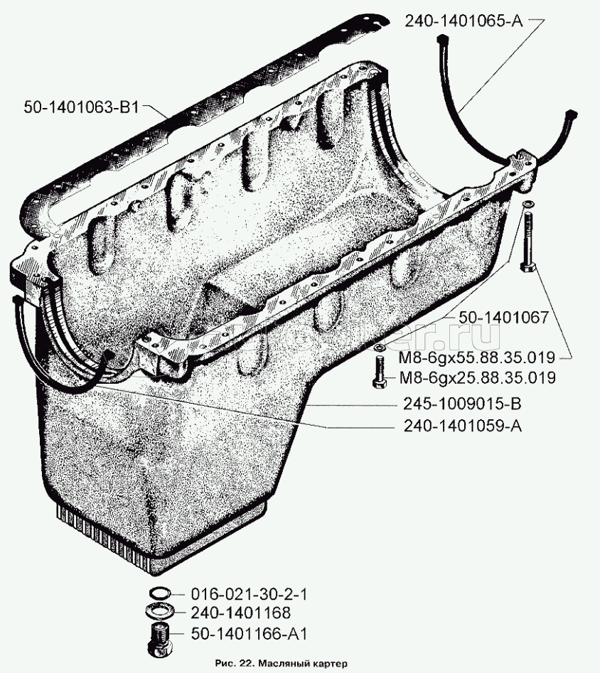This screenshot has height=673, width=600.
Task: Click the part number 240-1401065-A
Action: coord(464,21)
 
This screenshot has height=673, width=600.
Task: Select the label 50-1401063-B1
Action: coord(82,107)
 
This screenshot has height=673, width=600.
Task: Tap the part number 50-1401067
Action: coord(503,318)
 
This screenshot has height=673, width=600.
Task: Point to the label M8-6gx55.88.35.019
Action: coord(477,357)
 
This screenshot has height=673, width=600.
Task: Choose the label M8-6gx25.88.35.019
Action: coord(477,377)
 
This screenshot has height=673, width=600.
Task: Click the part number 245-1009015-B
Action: coord(461,404)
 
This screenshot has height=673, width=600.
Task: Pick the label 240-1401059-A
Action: coord(463,426)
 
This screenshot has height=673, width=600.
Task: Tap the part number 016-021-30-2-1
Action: coord(249,594)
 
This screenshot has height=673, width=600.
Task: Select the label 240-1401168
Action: coord(240,613)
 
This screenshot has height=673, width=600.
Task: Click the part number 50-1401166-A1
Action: coord(249,634)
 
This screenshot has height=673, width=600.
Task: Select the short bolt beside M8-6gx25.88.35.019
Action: coord(379,373)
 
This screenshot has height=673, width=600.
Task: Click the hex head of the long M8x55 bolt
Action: coord(527,267)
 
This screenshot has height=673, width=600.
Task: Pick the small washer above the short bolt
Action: coord(378,347)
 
